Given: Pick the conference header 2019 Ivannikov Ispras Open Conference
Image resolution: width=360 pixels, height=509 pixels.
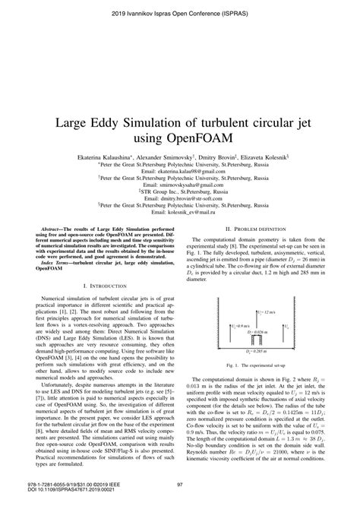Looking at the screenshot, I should (x=180, y=14).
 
